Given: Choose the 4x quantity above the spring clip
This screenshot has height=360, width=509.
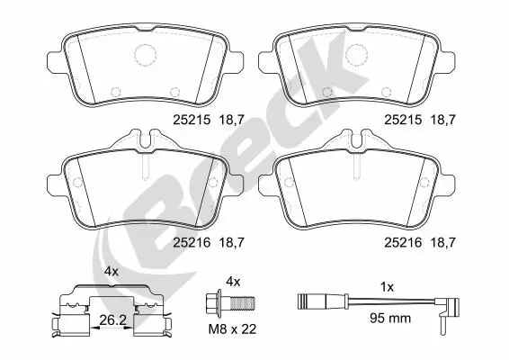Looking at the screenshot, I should [x=111, y=271].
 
